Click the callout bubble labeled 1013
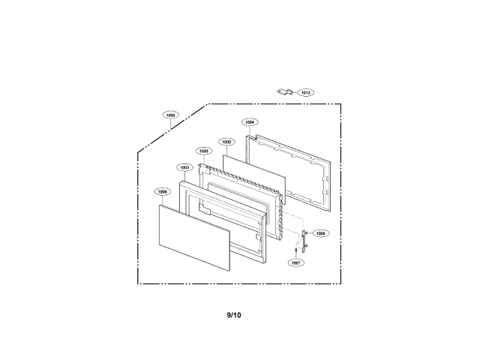(305, 93)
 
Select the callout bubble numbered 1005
(171, 115)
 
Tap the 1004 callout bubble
(250, 121)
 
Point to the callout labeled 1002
(226, 141)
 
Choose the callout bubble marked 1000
(204, 151)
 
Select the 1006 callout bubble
(320, 233)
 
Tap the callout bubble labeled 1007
(296, 263)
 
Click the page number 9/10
(234, 315)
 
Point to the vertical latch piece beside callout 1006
(304, 240)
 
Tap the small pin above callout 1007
(295, 248)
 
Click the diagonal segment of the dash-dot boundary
(172, 127)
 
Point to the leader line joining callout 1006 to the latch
(311, 235)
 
